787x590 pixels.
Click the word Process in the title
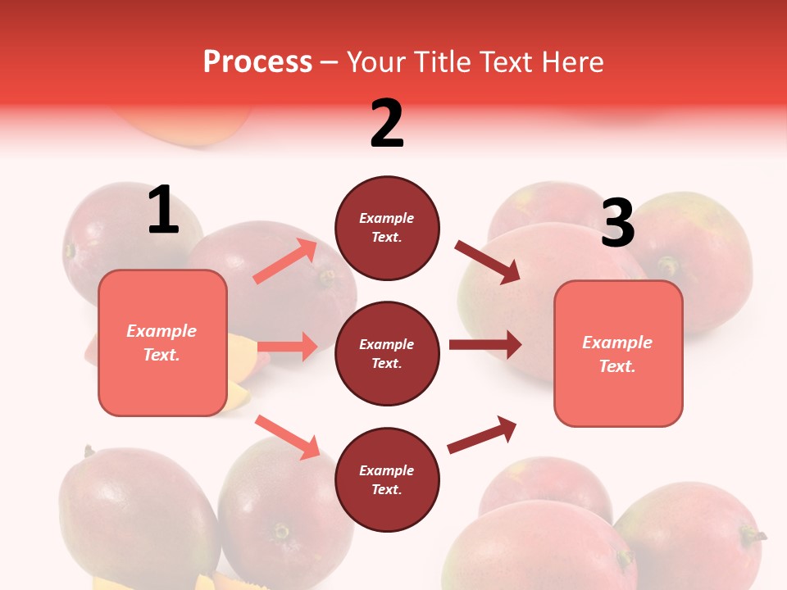pos(257,61)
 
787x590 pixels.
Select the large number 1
pos(163,210)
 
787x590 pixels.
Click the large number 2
pos(387,123)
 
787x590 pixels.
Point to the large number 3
pos(617,223)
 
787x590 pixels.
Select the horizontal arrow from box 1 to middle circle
pos(287,347)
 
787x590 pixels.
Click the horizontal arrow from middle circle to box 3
pos(484,344)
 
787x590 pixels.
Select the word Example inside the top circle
pos(387,218)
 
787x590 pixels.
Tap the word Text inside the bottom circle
pos(385,489)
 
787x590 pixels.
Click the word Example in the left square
pos(161,331)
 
